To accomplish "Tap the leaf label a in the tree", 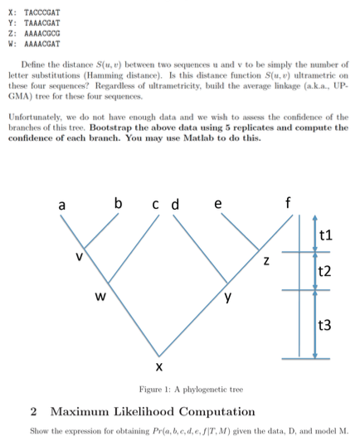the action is click(62, 203).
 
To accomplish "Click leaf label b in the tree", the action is click(119, 201).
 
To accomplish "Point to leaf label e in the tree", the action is click(217, 202).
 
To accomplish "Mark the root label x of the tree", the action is click(158, 366).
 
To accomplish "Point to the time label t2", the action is click(326, 271).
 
